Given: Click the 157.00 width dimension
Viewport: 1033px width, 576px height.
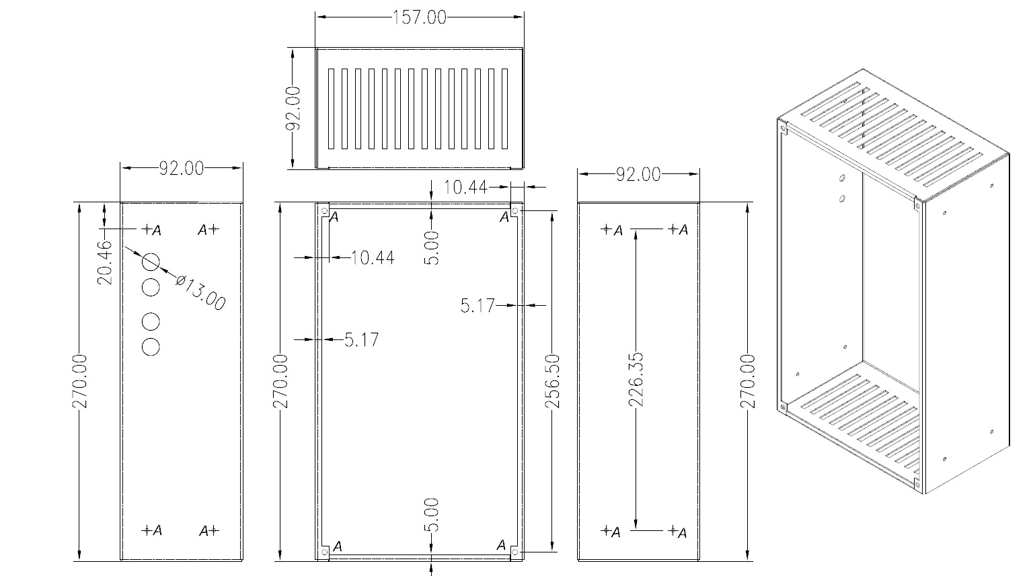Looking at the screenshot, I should click(x=418, y=17).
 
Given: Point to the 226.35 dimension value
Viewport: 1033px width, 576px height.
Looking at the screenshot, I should click(x=635, y=380).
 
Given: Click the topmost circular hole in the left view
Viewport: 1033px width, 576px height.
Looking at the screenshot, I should click(x=151, y=261).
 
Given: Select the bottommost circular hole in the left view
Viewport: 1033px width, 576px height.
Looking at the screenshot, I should click(x=151, y=347).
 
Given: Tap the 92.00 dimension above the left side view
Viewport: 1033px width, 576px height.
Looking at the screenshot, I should click(x=181, y=168).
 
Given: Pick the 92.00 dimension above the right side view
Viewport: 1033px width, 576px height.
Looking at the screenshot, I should click(x=638, y=174).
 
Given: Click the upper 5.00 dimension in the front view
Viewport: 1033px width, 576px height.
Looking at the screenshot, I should click(x=432, y=247).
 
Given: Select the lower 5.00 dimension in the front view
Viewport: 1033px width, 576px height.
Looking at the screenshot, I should click(x=432, y=515).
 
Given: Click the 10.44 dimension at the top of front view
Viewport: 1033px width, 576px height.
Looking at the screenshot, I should click(x=465, y=187).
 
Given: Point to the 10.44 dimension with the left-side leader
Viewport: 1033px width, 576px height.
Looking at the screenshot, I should click(x=373, y=257).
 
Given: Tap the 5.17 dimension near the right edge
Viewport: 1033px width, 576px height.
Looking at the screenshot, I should click(x=477, y=306).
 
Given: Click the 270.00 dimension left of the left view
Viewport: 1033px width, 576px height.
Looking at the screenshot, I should click(x=81, y=381).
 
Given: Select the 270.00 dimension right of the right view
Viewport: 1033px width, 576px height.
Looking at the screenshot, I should click(x=748, y=381).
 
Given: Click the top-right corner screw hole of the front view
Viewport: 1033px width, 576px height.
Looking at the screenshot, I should click(x=515, y=212).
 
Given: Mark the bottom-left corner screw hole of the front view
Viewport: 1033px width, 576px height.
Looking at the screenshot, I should click(x=325, y=552).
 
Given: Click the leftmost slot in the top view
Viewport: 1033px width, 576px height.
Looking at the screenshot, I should click(x=331, y=108).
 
